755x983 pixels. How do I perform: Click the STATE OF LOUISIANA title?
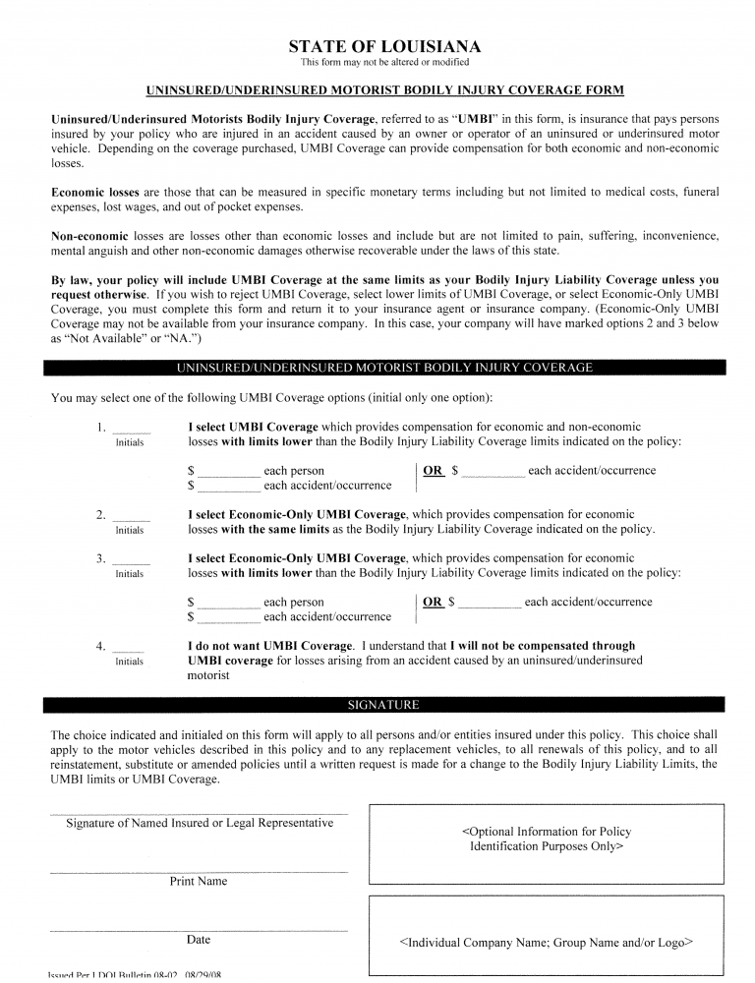click(384, 46)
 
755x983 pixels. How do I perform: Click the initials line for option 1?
click(131, 432)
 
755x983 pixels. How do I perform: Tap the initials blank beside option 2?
click(131, 519)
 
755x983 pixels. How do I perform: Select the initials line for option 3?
click(131, 563)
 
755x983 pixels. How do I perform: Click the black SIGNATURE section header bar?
click(384, 705)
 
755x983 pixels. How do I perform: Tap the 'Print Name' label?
click(199, 882)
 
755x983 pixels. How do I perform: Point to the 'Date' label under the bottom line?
click(199, 940)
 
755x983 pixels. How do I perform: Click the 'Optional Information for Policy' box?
click(546, 838)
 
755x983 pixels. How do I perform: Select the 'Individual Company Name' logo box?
click(546, 942)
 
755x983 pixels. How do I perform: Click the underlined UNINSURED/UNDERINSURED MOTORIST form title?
click(384, 91)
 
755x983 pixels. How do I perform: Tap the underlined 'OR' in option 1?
click(433, 471)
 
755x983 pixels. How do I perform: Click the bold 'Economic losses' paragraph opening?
click(95, 193)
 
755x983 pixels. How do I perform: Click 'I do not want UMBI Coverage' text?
click(269, 646)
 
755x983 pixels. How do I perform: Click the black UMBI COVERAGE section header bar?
click(384, 368)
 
